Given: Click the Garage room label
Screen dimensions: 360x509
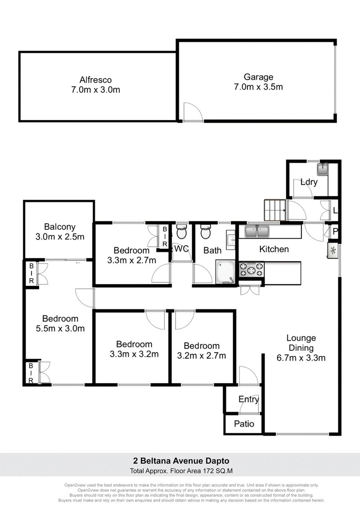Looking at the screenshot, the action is tap(258, 77).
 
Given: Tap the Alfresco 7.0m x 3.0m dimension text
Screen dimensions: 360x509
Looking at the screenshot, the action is tap(95, 90).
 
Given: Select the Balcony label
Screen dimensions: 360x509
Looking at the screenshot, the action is tap(60, 227).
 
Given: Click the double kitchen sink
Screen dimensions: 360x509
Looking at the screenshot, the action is tap(257, 232).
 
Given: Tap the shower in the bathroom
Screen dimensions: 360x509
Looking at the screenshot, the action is tap(225, 272).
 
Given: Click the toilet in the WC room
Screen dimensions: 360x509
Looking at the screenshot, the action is tap(182, 232).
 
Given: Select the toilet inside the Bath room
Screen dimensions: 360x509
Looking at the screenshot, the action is tap(205, 232).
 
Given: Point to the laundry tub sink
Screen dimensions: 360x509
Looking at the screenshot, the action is tap(323, 169).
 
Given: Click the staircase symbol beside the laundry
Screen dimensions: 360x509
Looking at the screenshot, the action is tap(275, 210).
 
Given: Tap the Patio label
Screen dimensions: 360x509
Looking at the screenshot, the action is tap(244, 424).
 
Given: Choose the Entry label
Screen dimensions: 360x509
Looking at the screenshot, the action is tap(248, 399).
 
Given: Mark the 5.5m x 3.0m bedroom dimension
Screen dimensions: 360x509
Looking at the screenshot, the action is tap(60, 329).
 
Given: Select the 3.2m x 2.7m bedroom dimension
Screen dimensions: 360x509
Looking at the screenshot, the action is tap(202, 356).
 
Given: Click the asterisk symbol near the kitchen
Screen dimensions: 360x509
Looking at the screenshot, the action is tap(333, 250).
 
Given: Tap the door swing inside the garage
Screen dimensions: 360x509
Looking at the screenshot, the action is tap(193, 112).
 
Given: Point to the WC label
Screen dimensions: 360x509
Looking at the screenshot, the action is tap(181, 249).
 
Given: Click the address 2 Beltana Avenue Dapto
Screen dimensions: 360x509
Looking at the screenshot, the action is tap(181, 461).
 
